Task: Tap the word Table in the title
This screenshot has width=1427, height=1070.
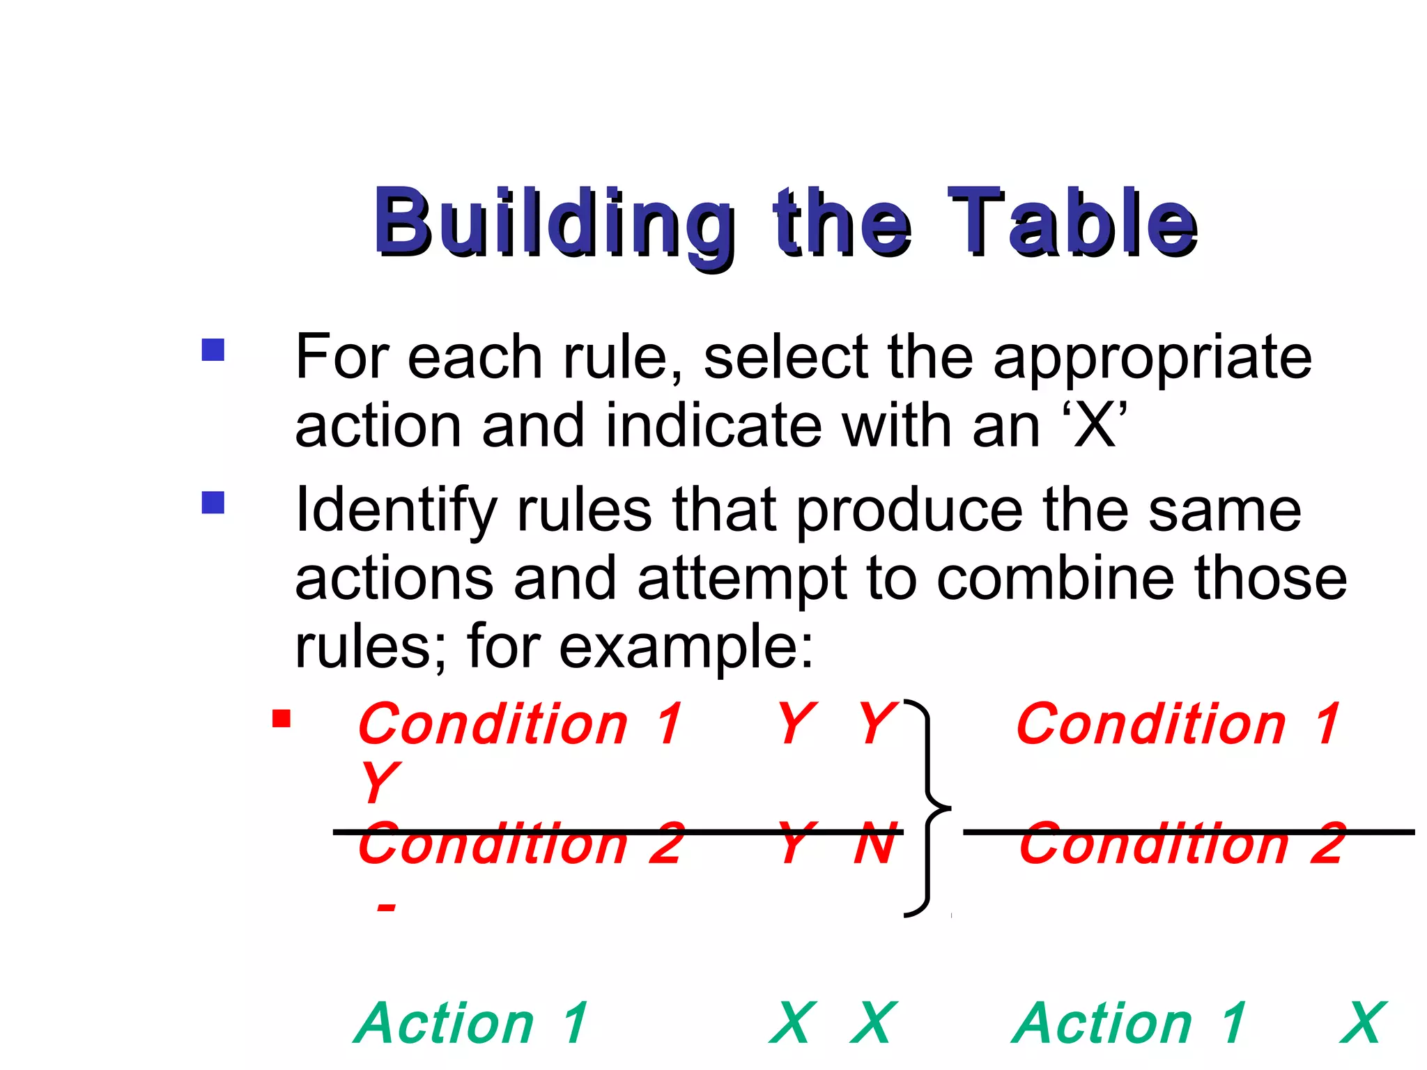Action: (1073, 222)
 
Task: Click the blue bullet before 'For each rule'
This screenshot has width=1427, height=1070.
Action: (213, 349)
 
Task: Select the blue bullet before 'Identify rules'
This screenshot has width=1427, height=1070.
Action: (213, 502)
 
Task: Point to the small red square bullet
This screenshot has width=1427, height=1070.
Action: (281, 718)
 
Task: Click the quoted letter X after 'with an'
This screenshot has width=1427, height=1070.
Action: (1095, 426)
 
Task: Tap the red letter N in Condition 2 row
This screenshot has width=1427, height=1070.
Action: (875, 844)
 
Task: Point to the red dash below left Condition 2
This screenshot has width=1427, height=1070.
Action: (385, 907)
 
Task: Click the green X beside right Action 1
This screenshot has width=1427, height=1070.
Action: (1363, 1023)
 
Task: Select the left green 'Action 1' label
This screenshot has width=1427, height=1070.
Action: (472, 1023)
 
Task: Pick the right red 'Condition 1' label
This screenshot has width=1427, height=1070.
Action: (1178, 724)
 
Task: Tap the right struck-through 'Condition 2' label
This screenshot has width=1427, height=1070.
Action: (1181, 844)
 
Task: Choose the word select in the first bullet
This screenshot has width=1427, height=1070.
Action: (786, 357)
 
